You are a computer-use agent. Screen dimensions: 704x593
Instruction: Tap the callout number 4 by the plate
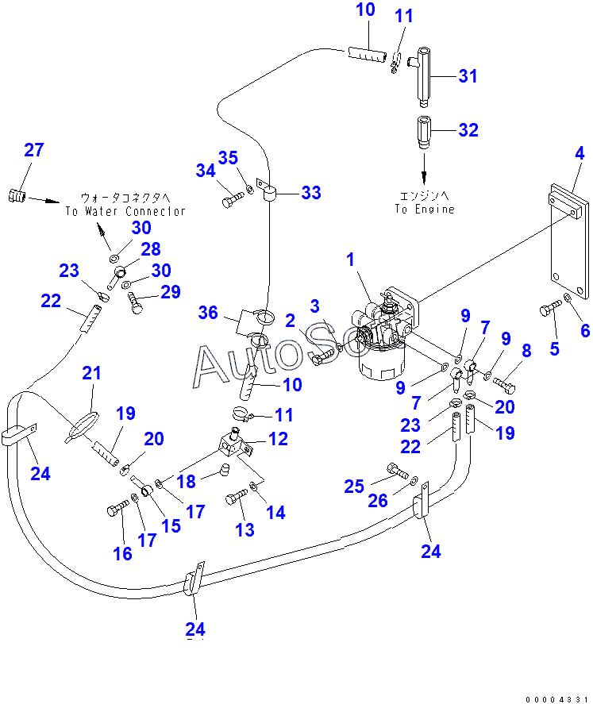(580, 152)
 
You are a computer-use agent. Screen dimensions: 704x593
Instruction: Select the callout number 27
(34, 150)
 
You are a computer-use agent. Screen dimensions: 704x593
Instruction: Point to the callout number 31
(468, 76)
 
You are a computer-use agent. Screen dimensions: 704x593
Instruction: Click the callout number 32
(468, 130)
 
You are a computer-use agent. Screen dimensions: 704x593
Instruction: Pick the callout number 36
(209, 314)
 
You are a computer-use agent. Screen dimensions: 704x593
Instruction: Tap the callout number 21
(93, 374)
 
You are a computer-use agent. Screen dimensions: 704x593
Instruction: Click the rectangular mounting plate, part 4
(569, 238)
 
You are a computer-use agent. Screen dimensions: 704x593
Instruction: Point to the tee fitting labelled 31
(423, 79)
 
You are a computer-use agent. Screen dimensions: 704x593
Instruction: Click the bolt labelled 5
(550, 309)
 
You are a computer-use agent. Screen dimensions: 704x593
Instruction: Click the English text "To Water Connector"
(125, 211)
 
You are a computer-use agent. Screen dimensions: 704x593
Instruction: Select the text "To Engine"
(425, 209)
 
